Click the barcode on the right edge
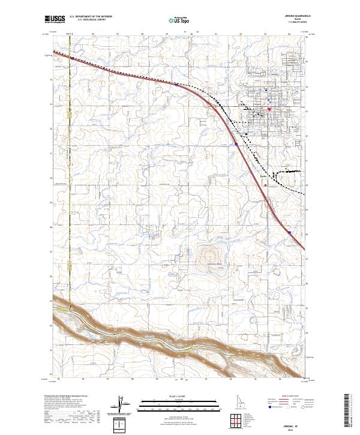click(350, 414)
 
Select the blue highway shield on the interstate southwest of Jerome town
click(236, 144)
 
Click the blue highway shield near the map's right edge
click(289, 233)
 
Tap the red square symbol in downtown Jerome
click(269, 109)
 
